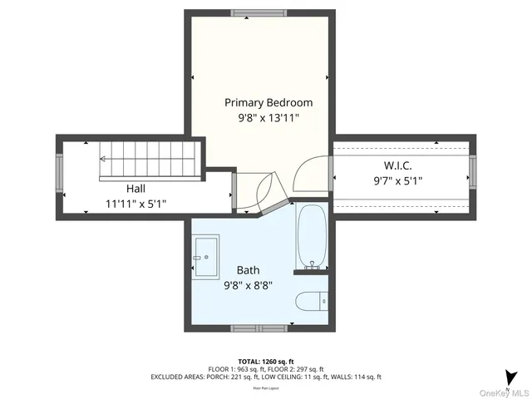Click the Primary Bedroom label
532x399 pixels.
pyautogui.click(x=268, y=103)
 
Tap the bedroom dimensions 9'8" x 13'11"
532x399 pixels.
pyautogui.click(x=268, y=119)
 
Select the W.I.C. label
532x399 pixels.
pyautogui.click(x=397, y=165)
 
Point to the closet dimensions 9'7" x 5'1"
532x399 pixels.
pyautogui.click(x=397, y=180)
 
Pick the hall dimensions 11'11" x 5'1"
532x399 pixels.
pyautogui.click(x=139, y=203)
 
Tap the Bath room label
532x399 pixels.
pyautogui.click(x=248, y=270)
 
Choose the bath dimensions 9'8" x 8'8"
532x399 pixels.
pyautogui.click(x=248, y=284)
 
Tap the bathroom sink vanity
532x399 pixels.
pyautogui.click(x=205, y=258)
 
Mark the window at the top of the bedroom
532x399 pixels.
pyautogui.click(x=255, y=13)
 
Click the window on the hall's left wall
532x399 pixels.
pyautogui.click(x=58, y=175)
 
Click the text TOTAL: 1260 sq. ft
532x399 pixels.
pyautogui.click(x=266, y=362)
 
